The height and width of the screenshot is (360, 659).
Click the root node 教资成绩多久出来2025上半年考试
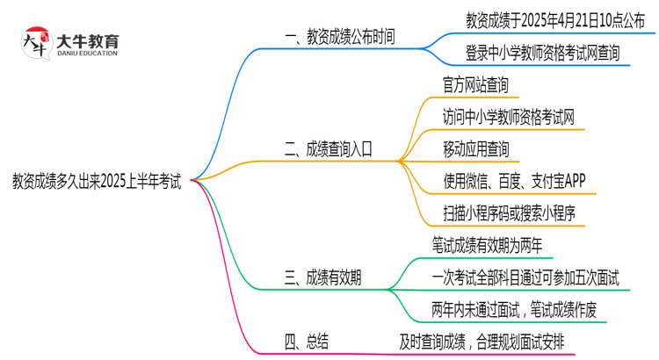coord(97,182)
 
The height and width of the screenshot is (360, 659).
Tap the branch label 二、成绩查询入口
coord(329,149)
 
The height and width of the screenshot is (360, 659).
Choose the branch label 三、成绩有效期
coord(322,278)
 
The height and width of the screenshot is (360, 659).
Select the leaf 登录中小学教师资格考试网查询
coord(542,53)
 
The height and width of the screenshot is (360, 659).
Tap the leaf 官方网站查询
coord(475,85)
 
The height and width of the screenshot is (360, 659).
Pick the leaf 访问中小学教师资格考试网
coord(509,117)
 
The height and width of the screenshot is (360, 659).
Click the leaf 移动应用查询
coord(475,149)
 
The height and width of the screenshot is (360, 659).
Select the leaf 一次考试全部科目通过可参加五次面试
coord(525,278)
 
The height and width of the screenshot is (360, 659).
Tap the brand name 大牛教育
coord(86,40)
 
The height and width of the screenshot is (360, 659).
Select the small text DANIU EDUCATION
coord(86,54)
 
